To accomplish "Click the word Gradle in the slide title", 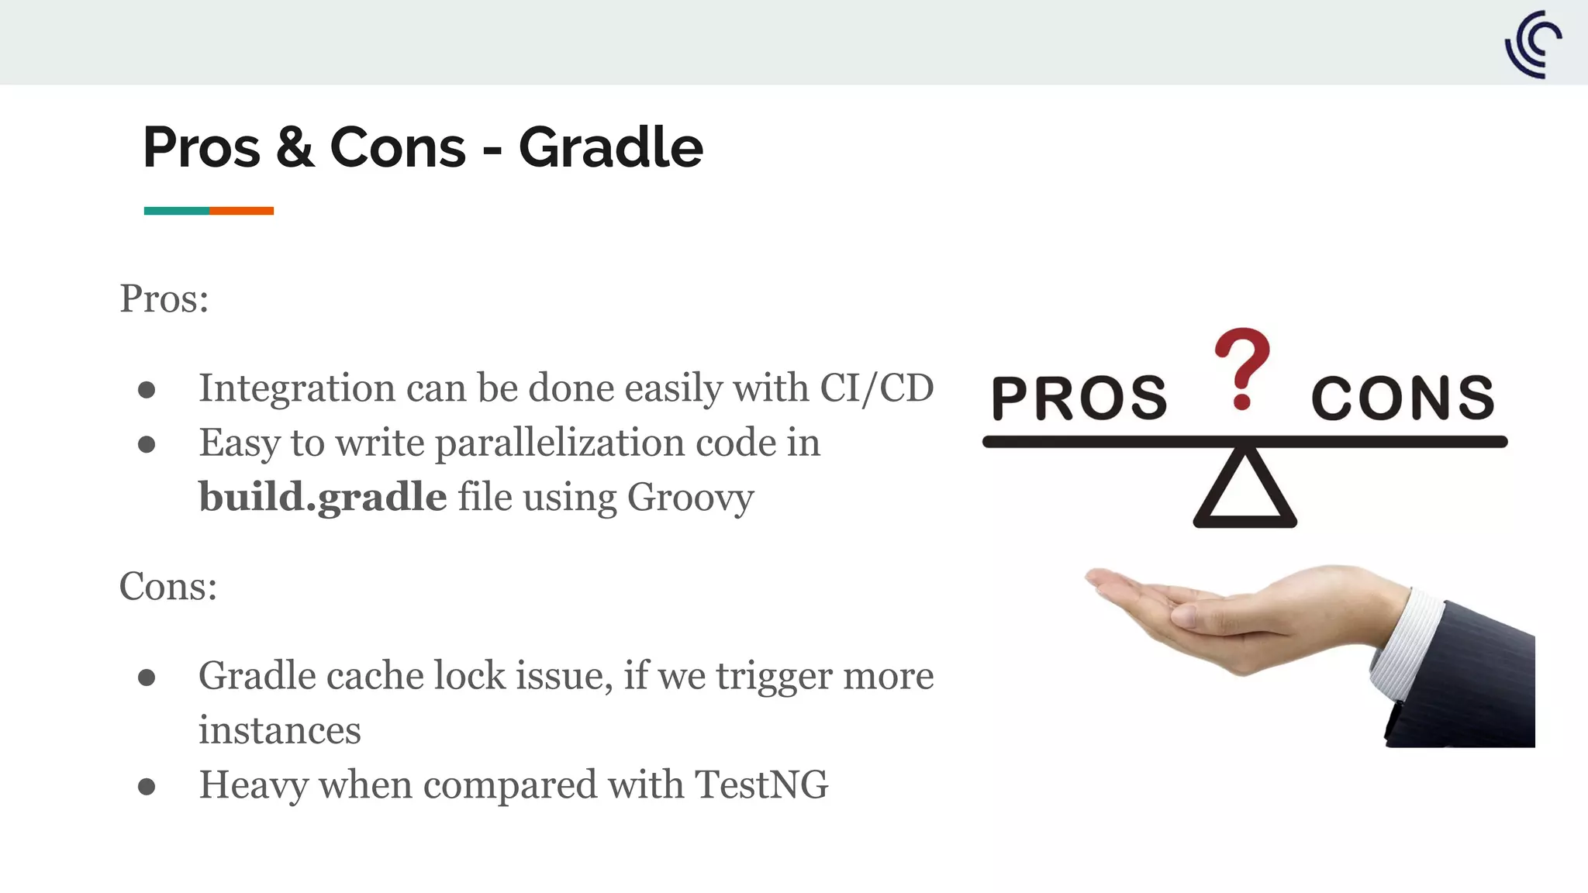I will click(x=610, y=147).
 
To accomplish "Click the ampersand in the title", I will click(x=295, y=147).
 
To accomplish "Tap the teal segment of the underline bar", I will click(x=176, y=211).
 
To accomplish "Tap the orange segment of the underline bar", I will click(x=241, y=211).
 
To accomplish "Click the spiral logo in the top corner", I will click(x=1533, y=44).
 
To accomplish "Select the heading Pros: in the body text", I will click(x=164, y=298).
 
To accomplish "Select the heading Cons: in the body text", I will click(x=168, y=586).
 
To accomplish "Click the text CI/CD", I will click(x=876, y=388).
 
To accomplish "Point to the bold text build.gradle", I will click(x=323, y=497).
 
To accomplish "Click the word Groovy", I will click(x=690, y=497).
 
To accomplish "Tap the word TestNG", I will click(x=761, y=784).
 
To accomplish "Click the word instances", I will click(x=279, y=730).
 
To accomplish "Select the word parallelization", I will click(x=559, y=443).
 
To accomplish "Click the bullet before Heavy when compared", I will click(x=147, y=787).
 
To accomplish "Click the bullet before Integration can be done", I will click(x=147, y=390).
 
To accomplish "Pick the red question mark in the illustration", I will click(x=1242, y=366).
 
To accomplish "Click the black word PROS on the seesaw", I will click(x=1079, y=398).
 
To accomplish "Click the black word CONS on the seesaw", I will click(x=1403, y=398).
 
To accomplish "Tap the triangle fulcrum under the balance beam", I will click(x=1245, y=490).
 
